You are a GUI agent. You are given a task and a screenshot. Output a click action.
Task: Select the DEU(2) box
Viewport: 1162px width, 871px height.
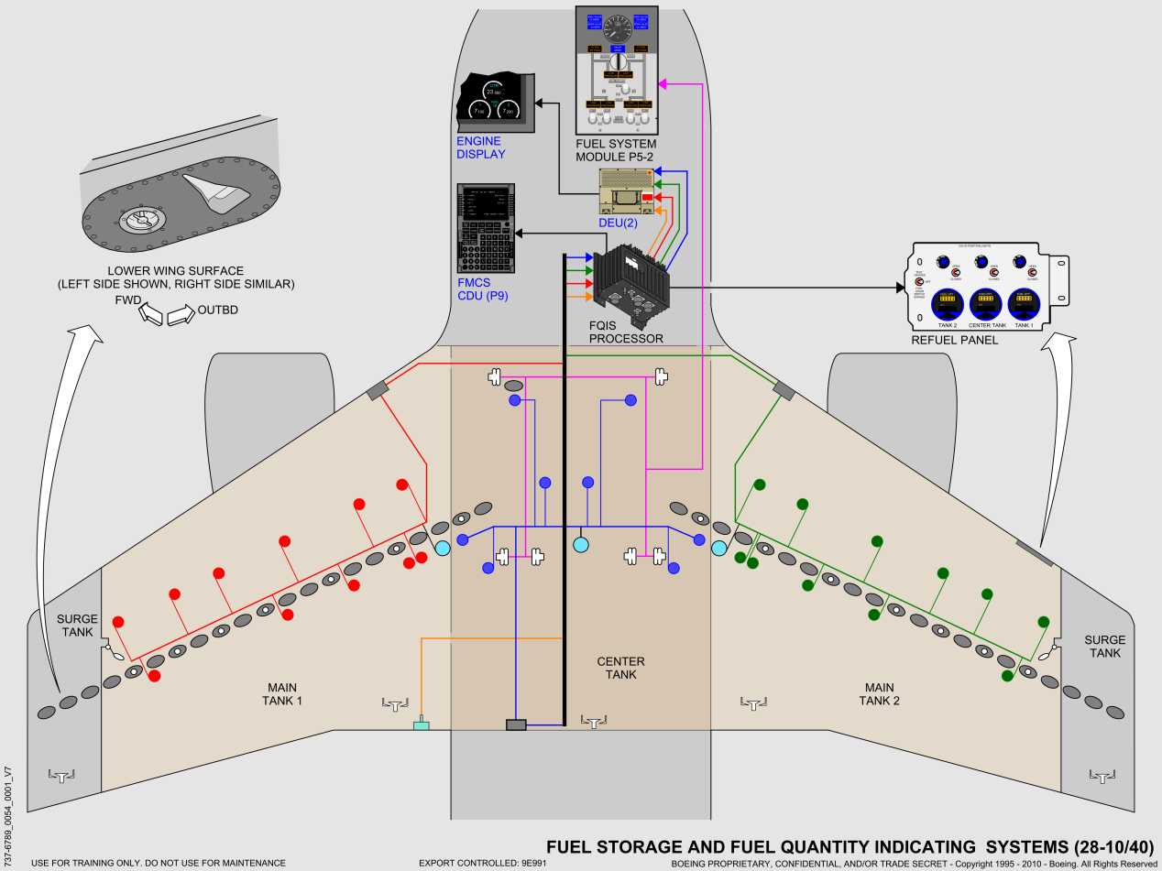click(x=627, y=193)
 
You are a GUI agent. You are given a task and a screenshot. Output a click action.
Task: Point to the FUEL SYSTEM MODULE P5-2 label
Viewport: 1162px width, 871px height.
click(x=616, y=150)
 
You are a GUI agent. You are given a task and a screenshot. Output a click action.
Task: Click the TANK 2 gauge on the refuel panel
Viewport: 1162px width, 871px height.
click(x=946, y=305)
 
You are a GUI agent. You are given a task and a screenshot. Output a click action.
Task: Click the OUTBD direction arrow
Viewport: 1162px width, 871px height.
click(x=180, y=316)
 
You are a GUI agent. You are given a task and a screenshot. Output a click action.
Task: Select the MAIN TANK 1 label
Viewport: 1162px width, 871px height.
click(x=282, y=694)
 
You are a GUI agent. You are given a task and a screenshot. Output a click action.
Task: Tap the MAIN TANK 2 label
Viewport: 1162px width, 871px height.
click(x=879, y=694)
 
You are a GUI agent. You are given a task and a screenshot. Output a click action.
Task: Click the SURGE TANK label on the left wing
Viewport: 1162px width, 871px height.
click(x=77, y=626)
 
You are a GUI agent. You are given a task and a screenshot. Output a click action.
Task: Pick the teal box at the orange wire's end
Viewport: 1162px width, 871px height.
click(x=422, y=726)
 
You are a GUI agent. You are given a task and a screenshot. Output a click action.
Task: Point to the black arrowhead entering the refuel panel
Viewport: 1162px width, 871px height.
click(x=900, y=288)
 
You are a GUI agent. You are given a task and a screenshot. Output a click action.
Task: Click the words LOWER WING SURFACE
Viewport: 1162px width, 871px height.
click(x=175, y=271)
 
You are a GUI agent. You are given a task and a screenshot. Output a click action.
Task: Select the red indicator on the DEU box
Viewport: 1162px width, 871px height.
click(x=647, y=197)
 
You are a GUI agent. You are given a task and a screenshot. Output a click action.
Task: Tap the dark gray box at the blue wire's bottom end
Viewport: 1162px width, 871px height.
click(x=516, y=725)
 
